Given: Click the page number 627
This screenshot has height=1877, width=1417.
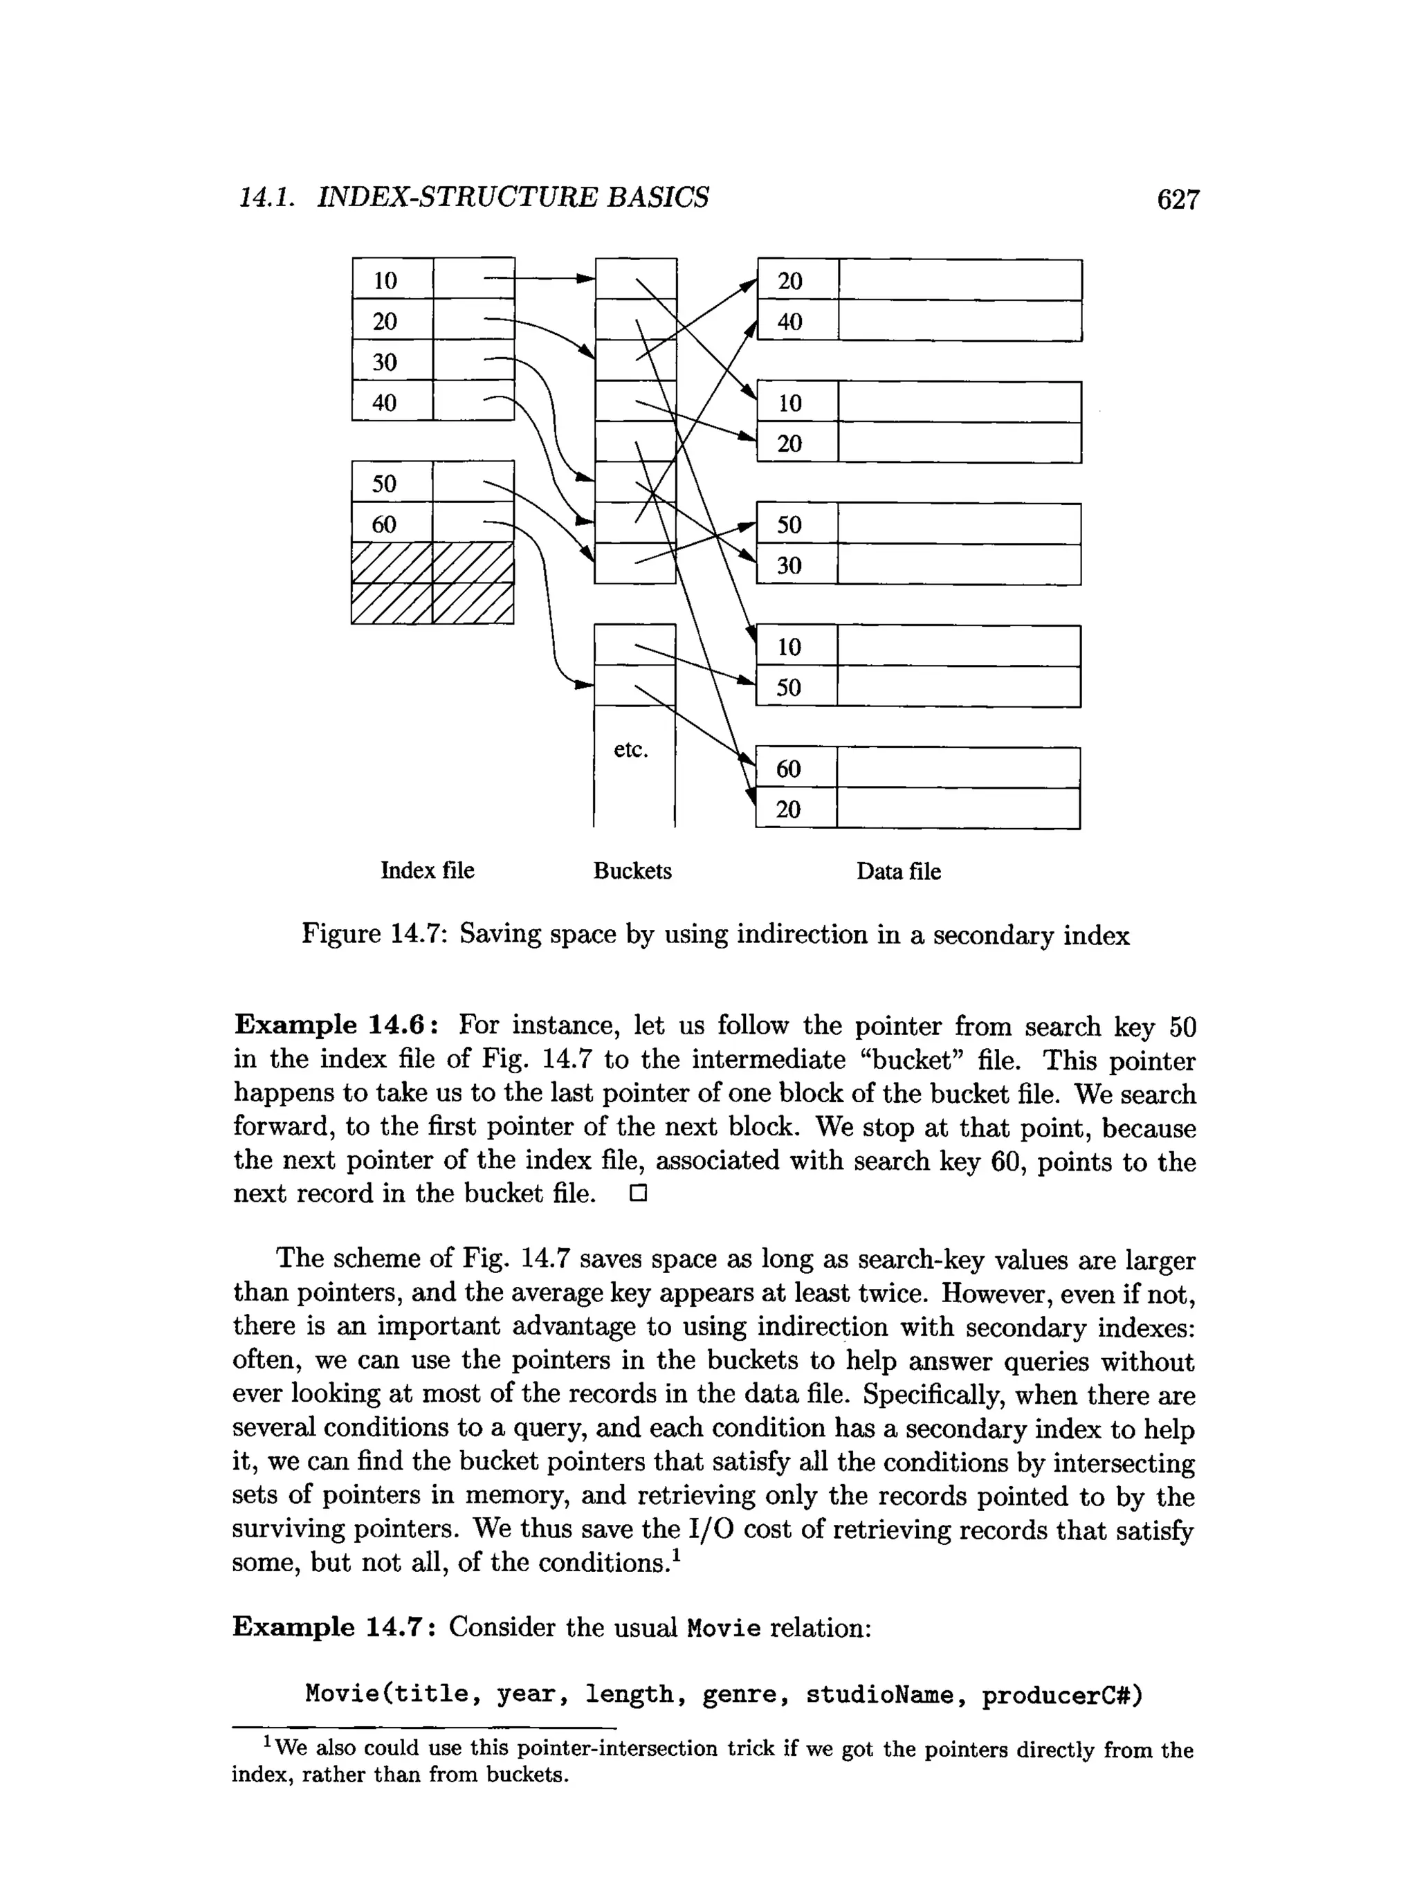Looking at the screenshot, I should pos(1178,199).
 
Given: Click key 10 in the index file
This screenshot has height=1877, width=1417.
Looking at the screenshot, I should pos(385,280).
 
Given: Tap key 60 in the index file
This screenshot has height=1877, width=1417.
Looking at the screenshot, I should pos(385,524).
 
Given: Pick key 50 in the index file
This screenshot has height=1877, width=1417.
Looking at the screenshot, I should pos(385,484).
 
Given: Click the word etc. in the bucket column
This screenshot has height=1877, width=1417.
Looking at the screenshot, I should pos(630,749).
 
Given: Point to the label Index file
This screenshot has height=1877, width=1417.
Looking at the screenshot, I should pos(427,870).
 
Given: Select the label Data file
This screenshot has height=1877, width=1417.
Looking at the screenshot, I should pos(897,872).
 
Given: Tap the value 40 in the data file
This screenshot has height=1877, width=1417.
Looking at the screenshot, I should pos(790,322).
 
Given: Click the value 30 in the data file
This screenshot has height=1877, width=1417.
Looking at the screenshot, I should pos(789,565).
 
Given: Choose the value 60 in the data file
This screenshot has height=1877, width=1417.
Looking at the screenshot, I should pos(788,769).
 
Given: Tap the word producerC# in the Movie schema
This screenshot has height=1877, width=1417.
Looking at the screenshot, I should pos(1061,1694).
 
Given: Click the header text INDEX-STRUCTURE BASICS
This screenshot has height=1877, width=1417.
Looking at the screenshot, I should pos(513,198).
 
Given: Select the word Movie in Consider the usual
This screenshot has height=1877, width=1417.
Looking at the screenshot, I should pos(723,1629).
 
